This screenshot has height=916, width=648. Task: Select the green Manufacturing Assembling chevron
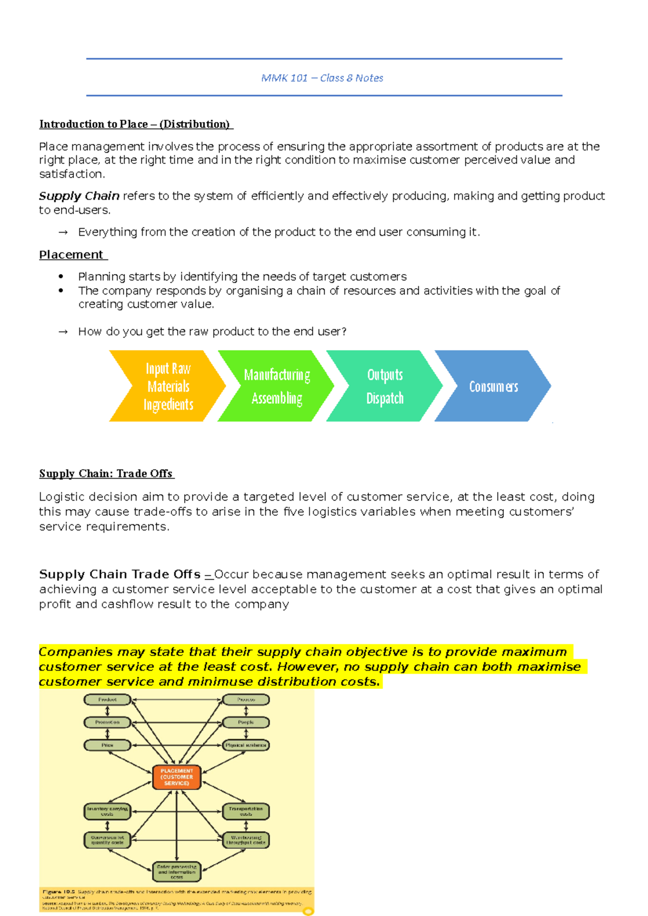[276, 386]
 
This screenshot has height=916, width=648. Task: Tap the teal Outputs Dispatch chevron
[384, 386]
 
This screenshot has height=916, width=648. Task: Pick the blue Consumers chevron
[493, 386]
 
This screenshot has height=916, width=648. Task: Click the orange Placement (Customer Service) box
[177, 777]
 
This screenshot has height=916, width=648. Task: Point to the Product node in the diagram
[107, 700]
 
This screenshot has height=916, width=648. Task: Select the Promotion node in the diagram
[107, 722]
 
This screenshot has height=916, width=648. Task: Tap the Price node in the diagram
[107, 745]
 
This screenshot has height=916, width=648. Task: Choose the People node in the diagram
[246, 722]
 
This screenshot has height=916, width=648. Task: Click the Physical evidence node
[246, 745]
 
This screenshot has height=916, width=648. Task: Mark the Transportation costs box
[246, 811]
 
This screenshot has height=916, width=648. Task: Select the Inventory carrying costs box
[107, 811]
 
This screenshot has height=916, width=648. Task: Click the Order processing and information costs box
[177, 872]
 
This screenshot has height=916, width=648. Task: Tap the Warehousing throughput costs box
[246, 840]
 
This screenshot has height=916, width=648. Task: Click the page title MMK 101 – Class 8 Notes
[322, 78]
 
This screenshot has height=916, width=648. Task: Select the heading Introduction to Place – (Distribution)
[134, 124]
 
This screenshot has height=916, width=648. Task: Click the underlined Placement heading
[71, 255]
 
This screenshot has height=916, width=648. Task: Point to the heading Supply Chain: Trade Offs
[106, 474]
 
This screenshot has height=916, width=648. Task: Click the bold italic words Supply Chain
[79, 196]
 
